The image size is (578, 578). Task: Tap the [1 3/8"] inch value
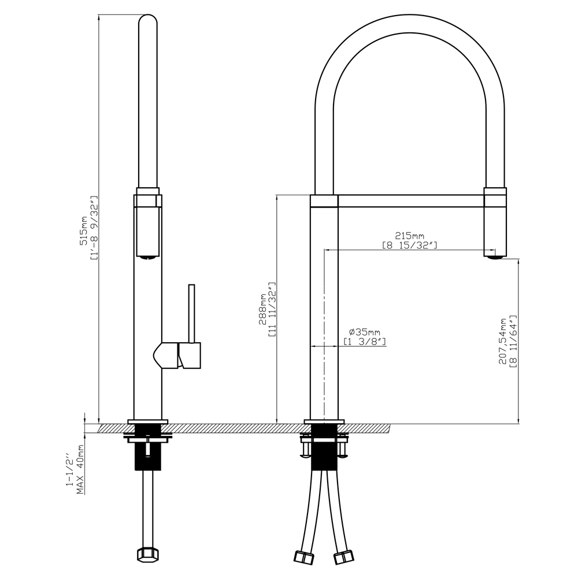(x=365, y=342)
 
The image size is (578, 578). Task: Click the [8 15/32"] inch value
(x=410, y=244)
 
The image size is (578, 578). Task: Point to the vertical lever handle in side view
(x=191, y=313)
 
